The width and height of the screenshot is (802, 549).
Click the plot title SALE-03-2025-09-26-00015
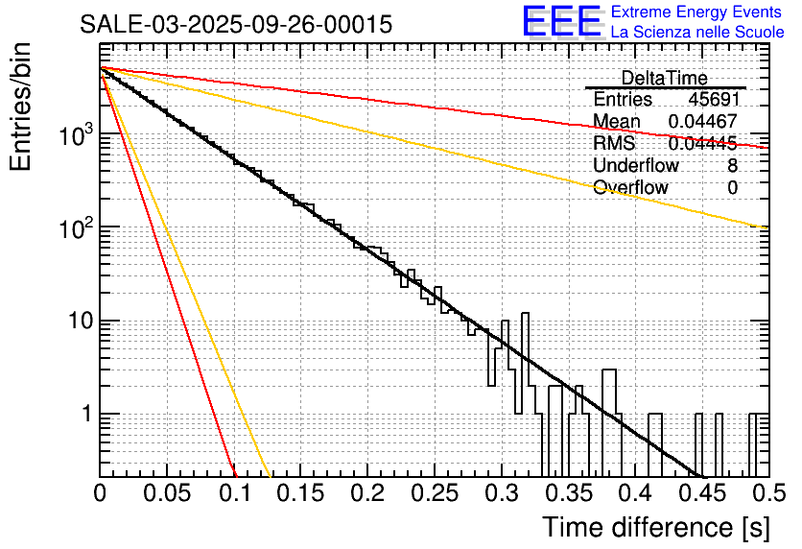(x=235, y=25)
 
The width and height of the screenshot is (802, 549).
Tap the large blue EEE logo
(x=561, y=22)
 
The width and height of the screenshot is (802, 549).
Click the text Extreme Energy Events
(x=696, y=12)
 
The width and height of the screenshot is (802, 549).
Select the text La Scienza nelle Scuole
(x=696, y=32)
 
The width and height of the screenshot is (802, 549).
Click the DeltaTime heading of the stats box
(x=664, y=78)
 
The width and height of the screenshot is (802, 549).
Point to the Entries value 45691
(x=713, y=100)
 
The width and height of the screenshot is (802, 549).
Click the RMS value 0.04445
(x=702, y=144)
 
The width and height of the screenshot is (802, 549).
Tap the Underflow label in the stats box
(x=635, y=165)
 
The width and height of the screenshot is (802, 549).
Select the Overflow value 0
(x=732, y=187)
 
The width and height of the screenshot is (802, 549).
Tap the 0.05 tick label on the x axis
(x=166, y=493)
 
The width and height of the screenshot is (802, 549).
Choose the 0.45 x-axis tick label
(x=701, y=493)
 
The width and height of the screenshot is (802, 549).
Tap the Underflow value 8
(x=732, y=165)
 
